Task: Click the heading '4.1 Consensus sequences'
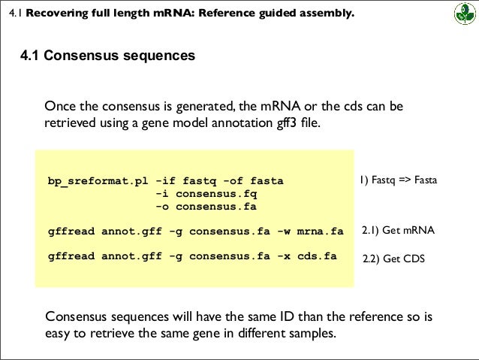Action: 107,57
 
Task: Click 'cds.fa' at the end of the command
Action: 315,256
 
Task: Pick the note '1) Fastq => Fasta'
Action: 398,180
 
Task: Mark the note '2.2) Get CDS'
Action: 393,259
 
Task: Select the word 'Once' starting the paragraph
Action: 61,106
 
